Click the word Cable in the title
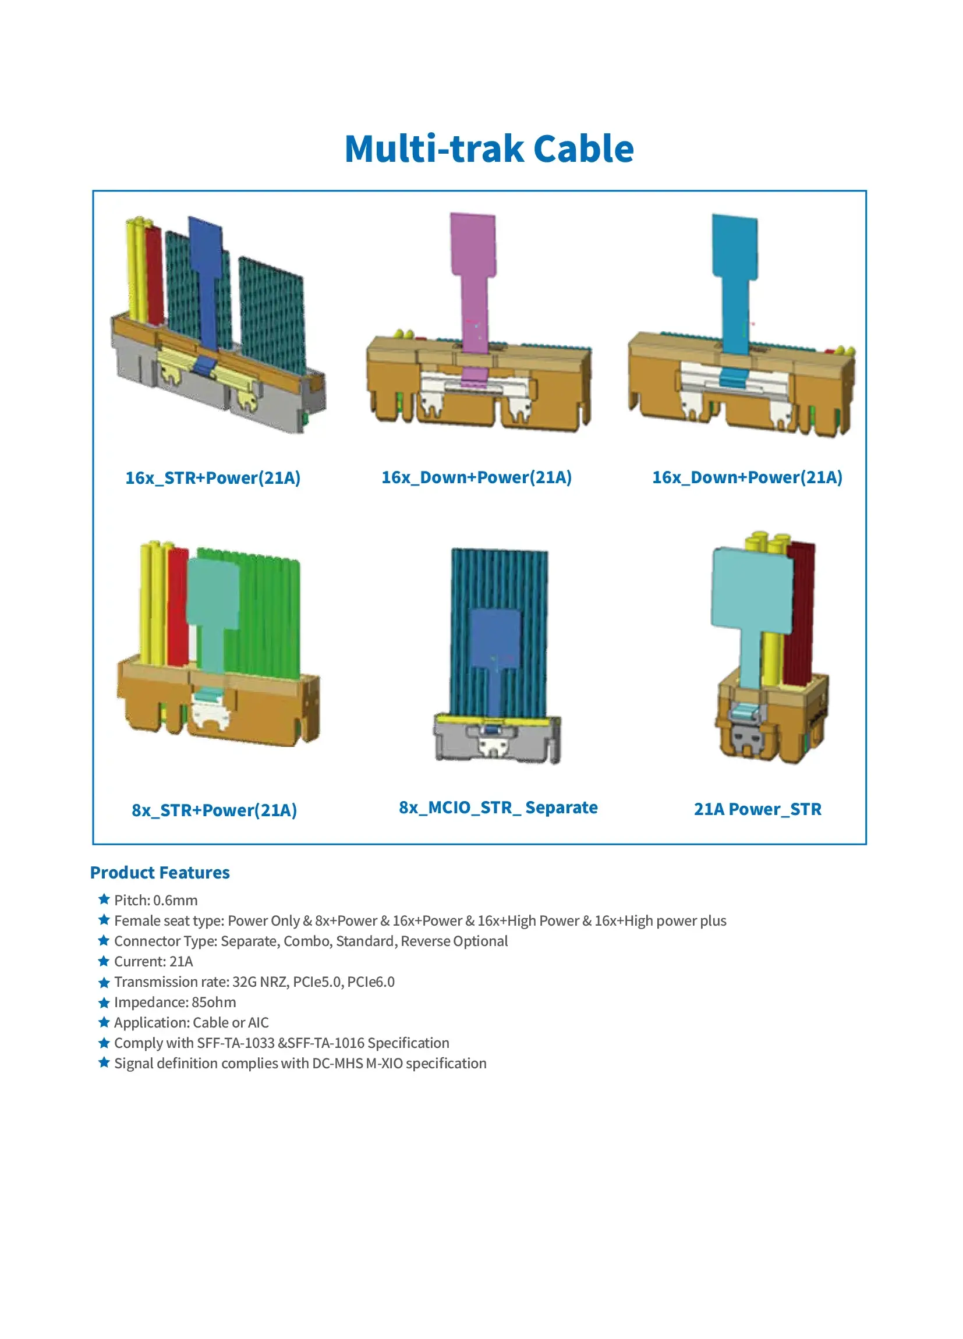(583, 149)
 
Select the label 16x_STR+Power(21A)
(213, 477)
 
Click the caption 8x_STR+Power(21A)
(214, 810)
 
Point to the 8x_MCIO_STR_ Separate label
(498, 807)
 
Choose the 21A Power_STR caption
(757, 809)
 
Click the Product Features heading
(160, 873)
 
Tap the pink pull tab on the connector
(473, 284)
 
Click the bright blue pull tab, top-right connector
(735, 284)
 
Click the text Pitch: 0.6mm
(156, 901)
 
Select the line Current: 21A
(154, 962)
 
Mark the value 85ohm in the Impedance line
(214, 1003)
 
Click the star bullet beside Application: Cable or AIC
(104, 1022)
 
